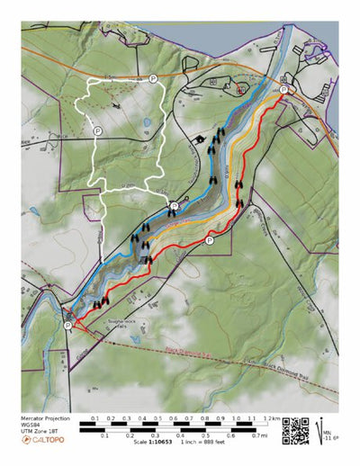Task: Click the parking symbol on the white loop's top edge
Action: point(153,79)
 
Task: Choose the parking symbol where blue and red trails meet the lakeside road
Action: point(283,90)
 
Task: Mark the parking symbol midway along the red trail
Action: point(210,240)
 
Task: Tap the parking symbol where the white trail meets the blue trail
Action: point(175,206)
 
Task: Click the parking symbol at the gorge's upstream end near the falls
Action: point(68,325)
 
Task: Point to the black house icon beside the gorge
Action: point(195,140)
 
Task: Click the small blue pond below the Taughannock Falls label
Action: point(133,341)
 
